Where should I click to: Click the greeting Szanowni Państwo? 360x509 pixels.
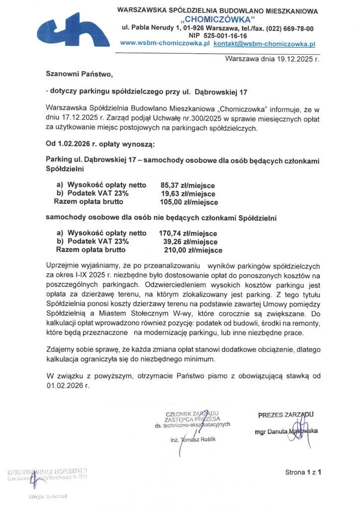(x=80, y=75)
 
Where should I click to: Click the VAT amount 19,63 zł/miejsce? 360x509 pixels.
(x=187, y=194)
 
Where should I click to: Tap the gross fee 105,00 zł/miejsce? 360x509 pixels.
(x=188, y=202)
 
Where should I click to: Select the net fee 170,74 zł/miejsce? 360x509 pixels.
(x=188, y=233)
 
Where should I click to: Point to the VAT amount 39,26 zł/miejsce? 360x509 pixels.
(x=190, y=241)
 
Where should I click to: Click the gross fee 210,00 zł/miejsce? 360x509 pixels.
(x=193, y=250)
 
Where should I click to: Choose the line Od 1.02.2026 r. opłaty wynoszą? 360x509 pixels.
(x=100, y=145)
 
